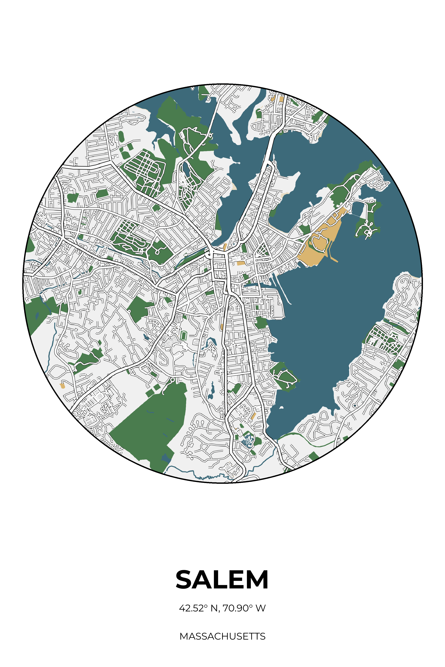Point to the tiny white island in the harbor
pos(281,408)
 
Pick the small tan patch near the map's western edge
pos(62,386)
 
